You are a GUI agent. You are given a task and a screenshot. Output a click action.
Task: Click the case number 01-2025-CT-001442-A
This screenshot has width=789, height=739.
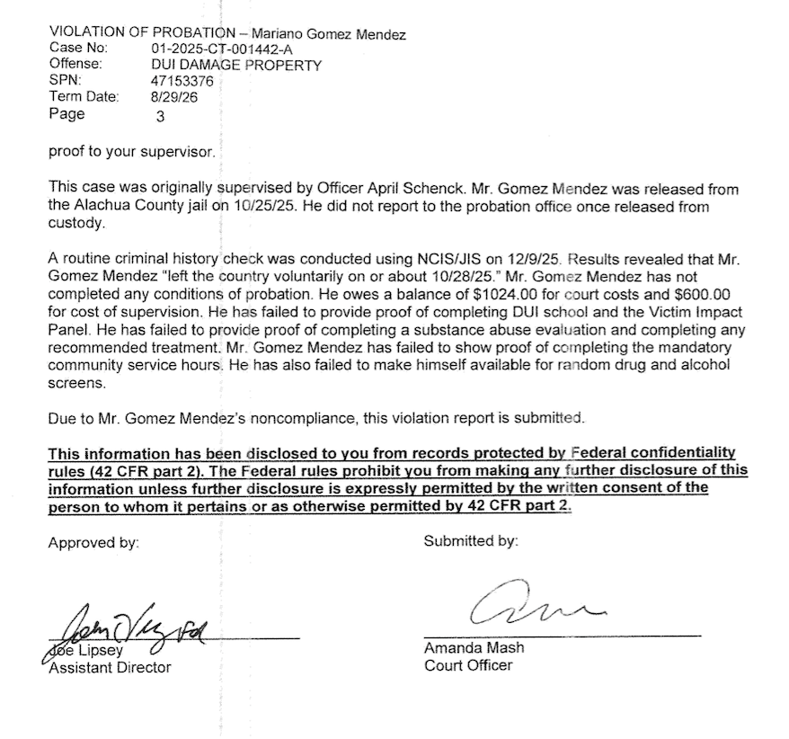click(x=214, y=50)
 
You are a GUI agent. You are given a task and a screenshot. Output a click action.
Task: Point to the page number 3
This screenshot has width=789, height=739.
click(x=161, y=116)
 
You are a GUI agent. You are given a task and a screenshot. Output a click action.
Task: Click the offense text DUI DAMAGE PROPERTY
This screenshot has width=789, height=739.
click(x=235, y=66)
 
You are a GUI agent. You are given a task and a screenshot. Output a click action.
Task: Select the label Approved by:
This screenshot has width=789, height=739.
click(x=93, y=542)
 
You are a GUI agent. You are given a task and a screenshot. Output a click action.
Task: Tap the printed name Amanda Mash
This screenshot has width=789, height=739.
click(x=474, y=648)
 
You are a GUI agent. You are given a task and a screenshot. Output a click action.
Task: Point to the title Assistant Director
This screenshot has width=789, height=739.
click(x=109, y=667)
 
